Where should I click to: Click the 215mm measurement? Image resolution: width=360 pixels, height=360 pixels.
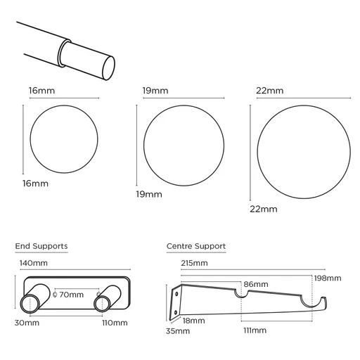pyautogui.click(x=194, y=263)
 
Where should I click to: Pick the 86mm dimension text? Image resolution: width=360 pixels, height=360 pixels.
pyautogui.click(x=255, y=284)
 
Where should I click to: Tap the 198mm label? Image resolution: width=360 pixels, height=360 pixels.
pyautogui.click(x=329, y=278)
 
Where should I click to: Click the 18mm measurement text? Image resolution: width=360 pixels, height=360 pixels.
pyautogui.click(x=193, y=320)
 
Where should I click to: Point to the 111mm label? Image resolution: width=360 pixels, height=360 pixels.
pyautogui.click(x=255, y=330)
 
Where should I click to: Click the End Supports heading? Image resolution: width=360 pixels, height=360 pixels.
pyautogui.click(x=41, y=246)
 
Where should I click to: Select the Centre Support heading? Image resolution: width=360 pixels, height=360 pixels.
pyautogui.click(x=196, y=246)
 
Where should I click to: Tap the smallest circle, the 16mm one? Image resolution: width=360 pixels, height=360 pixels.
pyautogui.click(x=61, y=139)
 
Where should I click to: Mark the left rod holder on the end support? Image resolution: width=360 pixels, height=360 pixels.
pyautogui.click(x=32, y=303)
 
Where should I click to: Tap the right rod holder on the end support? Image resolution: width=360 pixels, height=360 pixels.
pyautogui.click(x=102, y=303)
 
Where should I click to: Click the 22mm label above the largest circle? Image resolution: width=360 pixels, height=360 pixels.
pyautogui.click(x=270, y=91)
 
